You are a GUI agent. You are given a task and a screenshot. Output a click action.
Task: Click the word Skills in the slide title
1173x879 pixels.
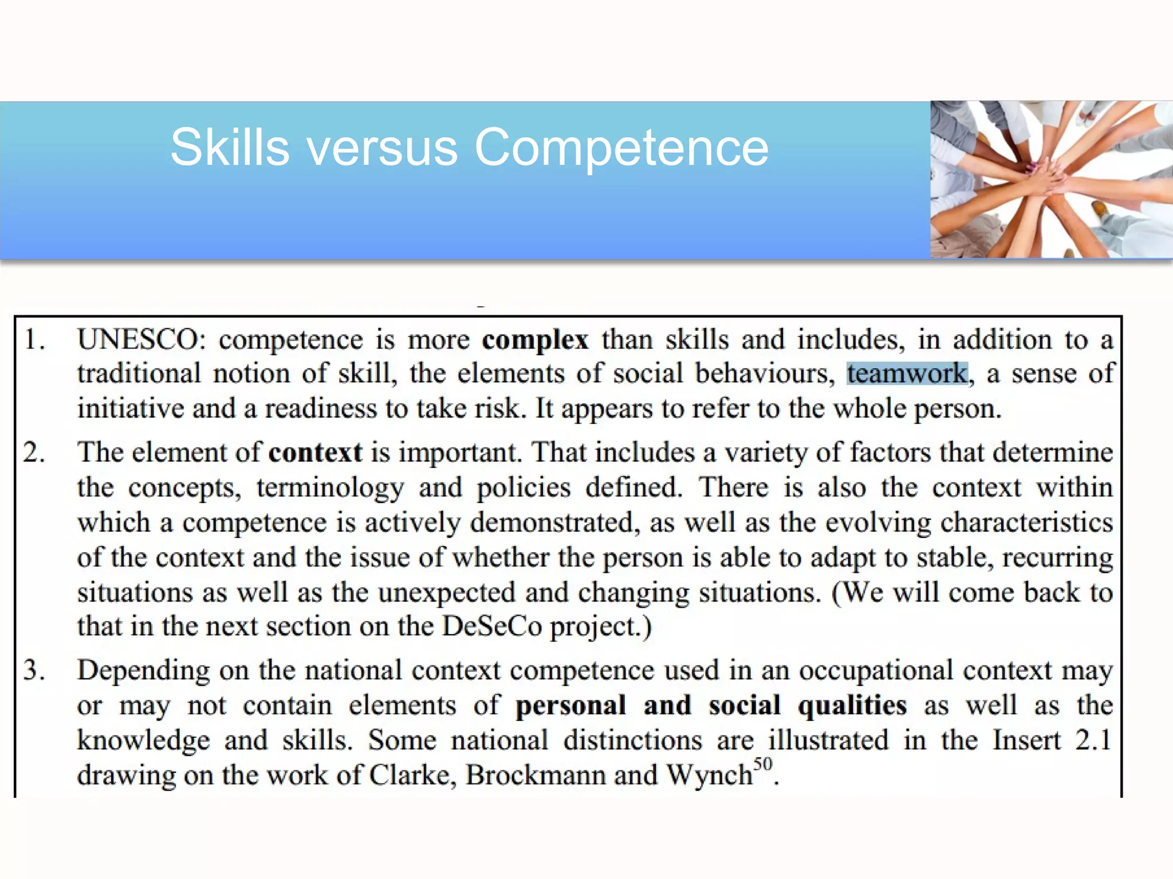tap(230, 148)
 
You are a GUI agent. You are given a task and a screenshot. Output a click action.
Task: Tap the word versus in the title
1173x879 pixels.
tap(382, 148)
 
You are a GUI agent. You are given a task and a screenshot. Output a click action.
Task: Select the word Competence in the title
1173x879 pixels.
tap(621, 148)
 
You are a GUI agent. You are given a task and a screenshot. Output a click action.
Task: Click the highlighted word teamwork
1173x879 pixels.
tap(907, 374)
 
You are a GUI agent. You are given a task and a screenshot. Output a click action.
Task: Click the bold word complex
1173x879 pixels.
tap(535, 340)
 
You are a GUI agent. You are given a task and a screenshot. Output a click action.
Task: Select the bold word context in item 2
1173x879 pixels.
tap(315, 453)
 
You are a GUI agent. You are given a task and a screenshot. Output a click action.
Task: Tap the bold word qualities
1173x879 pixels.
tap(852, 706)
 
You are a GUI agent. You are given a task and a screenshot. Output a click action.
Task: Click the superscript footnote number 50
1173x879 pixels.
tap(762, 765)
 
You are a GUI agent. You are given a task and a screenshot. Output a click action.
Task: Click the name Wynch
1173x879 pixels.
tap(709, 775)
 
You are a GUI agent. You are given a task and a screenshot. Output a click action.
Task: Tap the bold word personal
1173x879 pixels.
tap(570, 706)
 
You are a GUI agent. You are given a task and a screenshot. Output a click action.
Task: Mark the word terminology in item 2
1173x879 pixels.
tap(330, 488)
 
